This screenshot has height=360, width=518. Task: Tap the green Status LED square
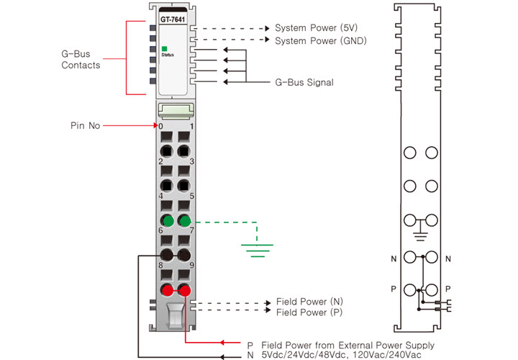(165, 48)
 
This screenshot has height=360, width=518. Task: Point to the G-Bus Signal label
(304, 83)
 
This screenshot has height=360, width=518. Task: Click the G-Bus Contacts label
(80, 60)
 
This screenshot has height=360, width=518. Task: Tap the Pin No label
(85, 125)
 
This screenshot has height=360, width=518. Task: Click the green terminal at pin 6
(167, 220)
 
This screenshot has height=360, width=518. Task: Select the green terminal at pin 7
(184, 220)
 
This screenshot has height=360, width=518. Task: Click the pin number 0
(161, 127)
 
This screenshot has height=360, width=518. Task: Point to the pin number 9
(191, 266)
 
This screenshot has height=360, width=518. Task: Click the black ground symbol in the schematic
(422, 235)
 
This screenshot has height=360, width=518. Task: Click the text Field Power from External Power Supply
(347, 345)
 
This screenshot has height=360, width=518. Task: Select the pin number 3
(191, 161)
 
